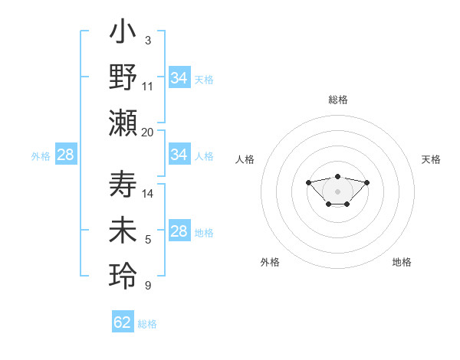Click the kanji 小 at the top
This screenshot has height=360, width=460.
tap(123, 34)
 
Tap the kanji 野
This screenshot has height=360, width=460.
tap(123, 78)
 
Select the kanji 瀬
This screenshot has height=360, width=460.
tap(123, 123)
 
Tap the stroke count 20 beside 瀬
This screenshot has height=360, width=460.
tap(148, 133)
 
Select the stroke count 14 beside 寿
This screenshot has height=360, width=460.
tap(148, 194)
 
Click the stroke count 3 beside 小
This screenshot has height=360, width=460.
tap(147, 40)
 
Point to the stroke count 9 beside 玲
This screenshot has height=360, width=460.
tap(147, 286)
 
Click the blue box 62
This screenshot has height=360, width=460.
tap(123, 322)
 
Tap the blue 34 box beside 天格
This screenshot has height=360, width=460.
tap(179, 78)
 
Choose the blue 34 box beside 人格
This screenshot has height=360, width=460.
tap(179, 155)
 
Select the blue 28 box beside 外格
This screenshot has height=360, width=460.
tap(66, 155)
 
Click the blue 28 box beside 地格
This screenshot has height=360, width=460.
tap(179, 231)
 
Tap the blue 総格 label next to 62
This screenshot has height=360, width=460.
tap(147, 324)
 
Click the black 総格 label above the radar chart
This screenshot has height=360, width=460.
tap(338, 100)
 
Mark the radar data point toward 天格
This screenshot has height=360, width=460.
tap(367, 182)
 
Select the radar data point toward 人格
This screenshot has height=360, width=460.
tap(308, 182)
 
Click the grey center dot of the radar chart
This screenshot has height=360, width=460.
tap(337, 191)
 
